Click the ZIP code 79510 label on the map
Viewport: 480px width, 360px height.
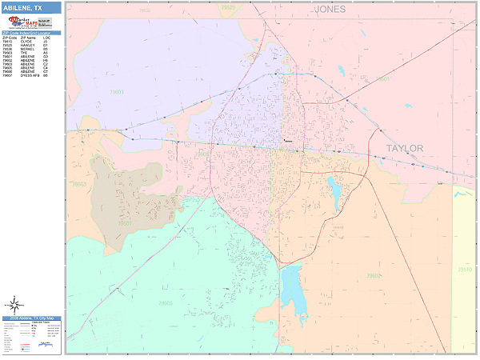464,270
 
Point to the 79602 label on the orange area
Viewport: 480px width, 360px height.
373,276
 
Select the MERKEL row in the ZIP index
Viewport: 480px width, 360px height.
28,49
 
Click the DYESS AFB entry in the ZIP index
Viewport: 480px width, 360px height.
28,76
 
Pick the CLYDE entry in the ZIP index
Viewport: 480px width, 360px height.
28,41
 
